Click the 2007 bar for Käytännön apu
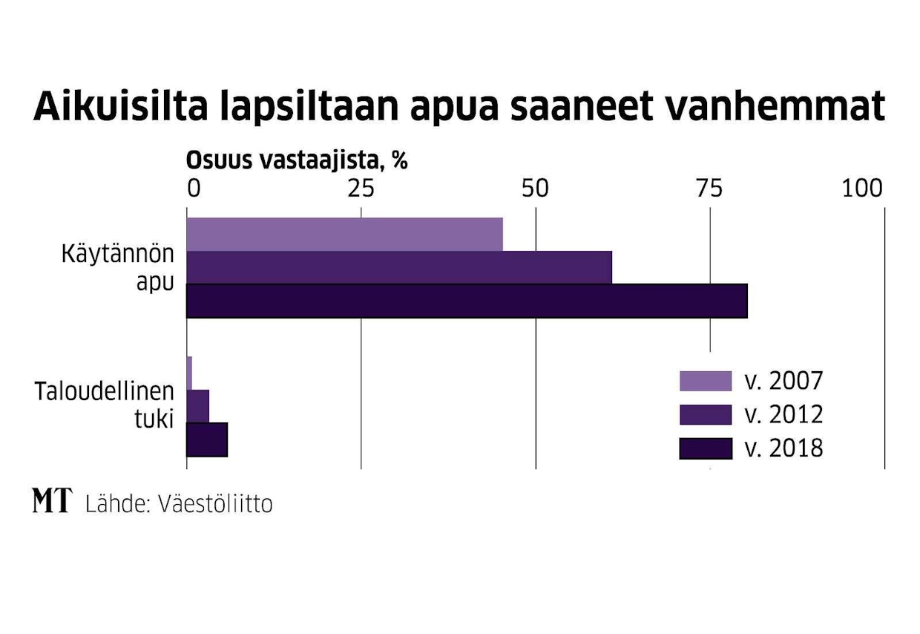click(344, 235)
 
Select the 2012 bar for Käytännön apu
click(399, 267)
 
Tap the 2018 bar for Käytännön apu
click(466, 301)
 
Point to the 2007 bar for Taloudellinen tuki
click(189, 373)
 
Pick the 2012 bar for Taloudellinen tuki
click(197, 405)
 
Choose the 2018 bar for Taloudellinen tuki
click(206, 439)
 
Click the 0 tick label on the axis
click(193, 189)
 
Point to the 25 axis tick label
click(361, 189)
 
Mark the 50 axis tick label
click(535, 189)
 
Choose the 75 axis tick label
click(709, 189)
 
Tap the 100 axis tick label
click(862, 189)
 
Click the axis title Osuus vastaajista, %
click(296, 160)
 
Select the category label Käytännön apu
click(118, 267)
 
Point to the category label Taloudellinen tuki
click(105, 405)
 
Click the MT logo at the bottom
click(52, 502)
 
